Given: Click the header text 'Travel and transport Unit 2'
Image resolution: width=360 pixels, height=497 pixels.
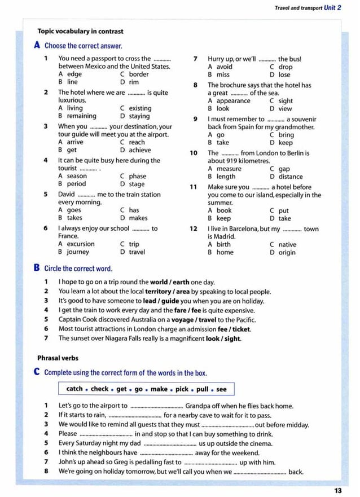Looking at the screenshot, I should pyautogui.click(x=308, y=7).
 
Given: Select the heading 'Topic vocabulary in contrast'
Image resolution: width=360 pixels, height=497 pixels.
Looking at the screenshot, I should pyautogui.click(x=80, y=32).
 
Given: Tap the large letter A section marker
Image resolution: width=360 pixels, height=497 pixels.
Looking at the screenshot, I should pyautogui.click(x=37, y=46).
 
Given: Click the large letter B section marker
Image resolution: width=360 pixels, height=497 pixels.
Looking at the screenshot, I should pyautogui.click(x=37, y=269).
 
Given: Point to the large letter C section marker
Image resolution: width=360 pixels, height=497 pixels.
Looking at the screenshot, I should pyautogui.click(x=37, y=372).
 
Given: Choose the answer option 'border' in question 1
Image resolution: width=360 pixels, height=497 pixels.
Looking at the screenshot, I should pyautogui.click(x=139, y=74).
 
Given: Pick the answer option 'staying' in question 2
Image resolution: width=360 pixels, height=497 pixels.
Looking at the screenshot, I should pyautogui.click(x=139, y=116).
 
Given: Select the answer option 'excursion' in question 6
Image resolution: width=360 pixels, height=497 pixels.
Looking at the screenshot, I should pyautogui.click(x=81, y=244).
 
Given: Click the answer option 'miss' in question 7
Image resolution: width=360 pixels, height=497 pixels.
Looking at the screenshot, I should pyautogui.click(x=223, y=74).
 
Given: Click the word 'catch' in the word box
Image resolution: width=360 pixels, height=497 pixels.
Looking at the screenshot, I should pyautogui.click(x=74, y=389).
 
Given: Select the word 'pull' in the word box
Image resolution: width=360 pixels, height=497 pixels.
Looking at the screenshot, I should pyautogui.click(x=203, y=389).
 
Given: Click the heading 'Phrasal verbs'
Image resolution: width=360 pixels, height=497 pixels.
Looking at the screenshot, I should pyautogui.click(x=58, y=358).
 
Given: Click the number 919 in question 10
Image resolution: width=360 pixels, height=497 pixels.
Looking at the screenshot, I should pyautogui.click(x=233, y=161).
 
